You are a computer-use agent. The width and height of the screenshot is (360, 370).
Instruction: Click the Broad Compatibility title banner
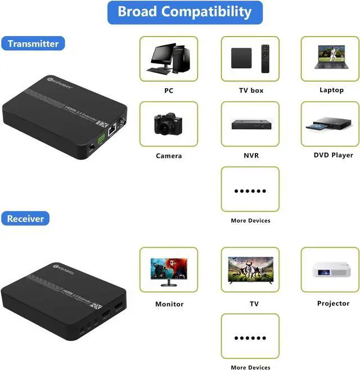point(184,12)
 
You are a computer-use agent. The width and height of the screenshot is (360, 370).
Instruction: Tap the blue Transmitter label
point(33,43)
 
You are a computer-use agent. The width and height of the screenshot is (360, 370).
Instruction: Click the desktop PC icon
point(168,59)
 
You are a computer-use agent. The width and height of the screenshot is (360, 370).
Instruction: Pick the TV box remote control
point(265,58)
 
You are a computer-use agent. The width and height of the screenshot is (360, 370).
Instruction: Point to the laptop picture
point(331,57)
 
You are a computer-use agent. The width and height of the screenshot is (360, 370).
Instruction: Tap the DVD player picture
point(330,123)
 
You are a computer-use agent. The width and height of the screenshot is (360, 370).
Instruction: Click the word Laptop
point(331,90)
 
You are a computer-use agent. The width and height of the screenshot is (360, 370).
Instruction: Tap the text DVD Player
point(333,155)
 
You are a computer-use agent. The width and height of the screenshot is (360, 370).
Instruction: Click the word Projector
point(333,304)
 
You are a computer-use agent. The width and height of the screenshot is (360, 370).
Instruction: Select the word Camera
point(169,156)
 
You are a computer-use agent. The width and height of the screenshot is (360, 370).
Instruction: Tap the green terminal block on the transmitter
point(101,138)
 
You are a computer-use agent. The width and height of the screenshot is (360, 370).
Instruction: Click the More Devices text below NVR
point(250,220)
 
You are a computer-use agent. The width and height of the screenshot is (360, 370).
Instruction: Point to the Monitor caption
point(169,304)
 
